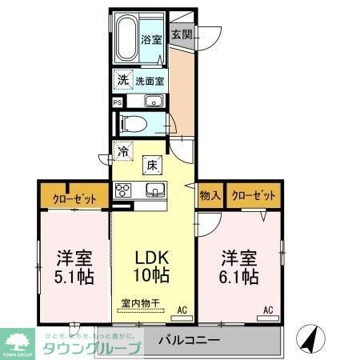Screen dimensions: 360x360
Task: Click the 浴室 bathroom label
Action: coord(150,39)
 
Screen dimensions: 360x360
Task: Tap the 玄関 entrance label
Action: coord(182,34)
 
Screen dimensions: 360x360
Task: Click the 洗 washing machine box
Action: coord(122,80)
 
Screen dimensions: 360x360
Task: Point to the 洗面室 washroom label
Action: coord(150,81)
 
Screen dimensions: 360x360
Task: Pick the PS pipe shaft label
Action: coord(118,102)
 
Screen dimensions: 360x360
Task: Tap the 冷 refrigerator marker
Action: coord(123,150)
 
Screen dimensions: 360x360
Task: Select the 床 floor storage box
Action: coord(151,165)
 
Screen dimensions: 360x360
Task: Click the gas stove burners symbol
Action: coord(124,190)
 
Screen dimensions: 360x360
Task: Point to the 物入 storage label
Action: coord(210,195)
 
